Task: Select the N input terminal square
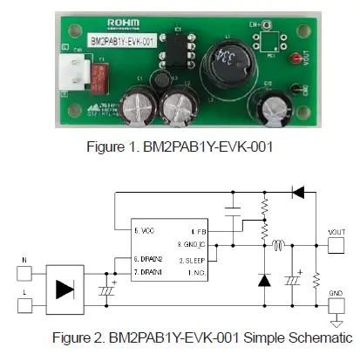click(x=24, y=271)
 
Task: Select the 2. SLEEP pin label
click(x=193, y=259)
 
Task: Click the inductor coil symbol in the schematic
click(x=278, y=245)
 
